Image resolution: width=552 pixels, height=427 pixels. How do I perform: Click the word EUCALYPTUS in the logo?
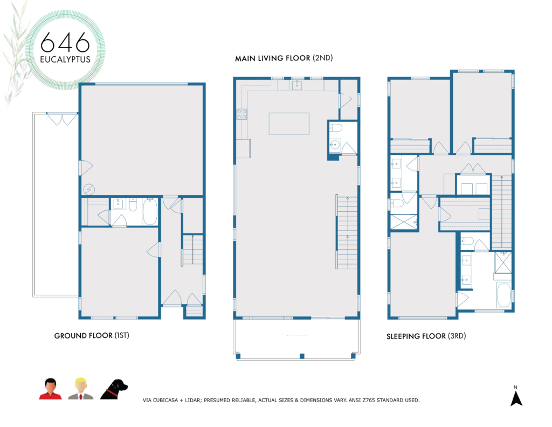[x=65, y=58]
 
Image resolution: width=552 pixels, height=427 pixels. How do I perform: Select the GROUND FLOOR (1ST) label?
[x=92, y=335]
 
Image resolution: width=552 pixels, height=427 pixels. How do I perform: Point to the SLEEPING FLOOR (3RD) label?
[x=426, y=336]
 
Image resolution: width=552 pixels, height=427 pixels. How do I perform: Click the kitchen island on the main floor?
[x=289, y=123]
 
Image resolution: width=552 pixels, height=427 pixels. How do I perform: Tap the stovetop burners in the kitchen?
[x=241, y=114]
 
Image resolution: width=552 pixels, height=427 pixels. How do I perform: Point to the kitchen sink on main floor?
[x=297, y=85]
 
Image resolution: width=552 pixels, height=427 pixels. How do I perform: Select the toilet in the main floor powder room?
[x=336, y=128]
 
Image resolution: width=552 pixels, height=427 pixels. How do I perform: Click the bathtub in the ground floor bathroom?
[x=149, y=212]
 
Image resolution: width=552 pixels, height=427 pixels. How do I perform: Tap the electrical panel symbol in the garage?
[x=89, y=188]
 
